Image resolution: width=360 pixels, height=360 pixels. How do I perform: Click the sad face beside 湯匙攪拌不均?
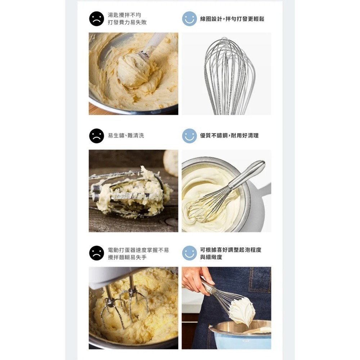96,19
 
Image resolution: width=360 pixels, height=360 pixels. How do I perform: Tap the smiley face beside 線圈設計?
189,19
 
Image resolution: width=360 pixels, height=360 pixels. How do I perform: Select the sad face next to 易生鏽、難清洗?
96,136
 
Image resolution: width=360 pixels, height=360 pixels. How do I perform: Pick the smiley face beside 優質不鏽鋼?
189,136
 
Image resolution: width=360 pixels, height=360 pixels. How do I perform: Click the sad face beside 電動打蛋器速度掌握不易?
96,253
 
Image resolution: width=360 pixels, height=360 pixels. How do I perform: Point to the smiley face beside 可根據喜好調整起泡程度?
189,253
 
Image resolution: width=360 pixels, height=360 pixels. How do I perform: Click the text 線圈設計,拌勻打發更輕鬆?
232,19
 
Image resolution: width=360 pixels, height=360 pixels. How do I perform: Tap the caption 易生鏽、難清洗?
126,135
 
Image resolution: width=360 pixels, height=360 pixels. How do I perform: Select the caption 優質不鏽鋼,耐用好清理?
229,135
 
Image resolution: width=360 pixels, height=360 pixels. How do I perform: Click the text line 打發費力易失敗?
127,22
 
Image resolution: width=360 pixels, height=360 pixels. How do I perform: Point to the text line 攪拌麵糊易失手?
127,257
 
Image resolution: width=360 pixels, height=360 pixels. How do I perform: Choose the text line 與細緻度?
211,257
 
